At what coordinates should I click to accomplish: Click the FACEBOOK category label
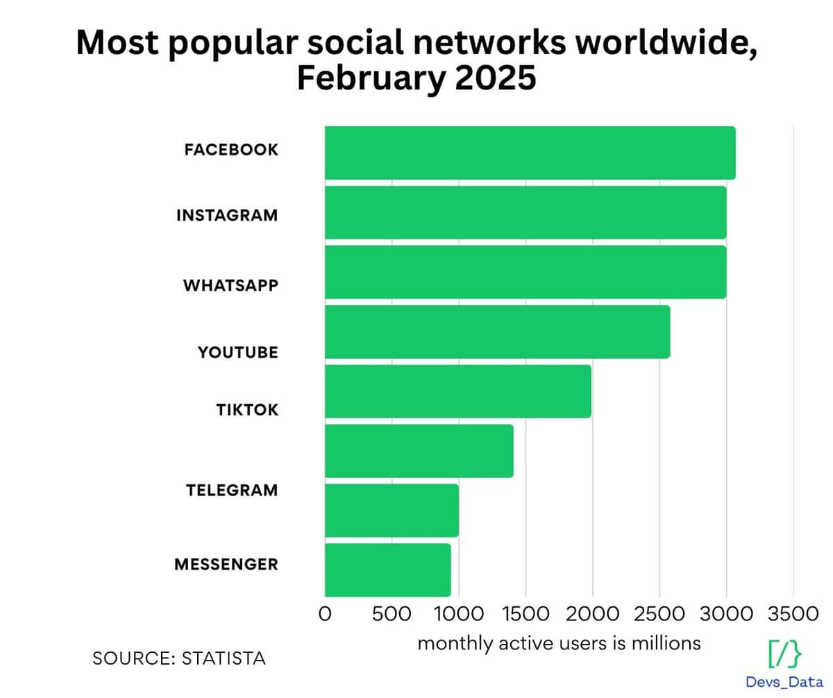click(x=231, y=149)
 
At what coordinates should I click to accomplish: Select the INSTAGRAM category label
click(x=227, y=215)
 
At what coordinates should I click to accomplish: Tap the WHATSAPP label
click(x=230, y=285)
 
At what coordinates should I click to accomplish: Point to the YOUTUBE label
click(x=238, y=352)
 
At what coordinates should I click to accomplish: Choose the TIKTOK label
click(x=247, y=409)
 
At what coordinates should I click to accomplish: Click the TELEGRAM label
click(x=232, y=491)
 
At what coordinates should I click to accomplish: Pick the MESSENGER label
click(x=226, y=564)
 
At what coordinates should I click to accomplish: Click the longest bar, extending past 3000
click(x=530, y=153)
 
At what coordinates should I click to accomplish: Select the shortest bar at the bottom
click(x=387, y=570)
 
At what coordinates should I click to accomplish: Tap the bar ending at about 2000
click(x=457, y=391)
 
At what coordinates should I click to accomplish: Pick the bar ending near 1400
click(x=419, y=451)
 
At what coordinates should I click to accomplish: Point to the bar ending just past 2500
click(x=497, y=332)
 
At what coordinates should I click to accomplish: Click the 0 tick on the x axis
click(x=325, y=614)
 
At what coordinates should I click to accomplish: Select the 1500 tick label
click(x=525, y=614)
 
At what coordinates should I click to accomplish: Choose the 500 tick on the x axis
click(x=391, y=614)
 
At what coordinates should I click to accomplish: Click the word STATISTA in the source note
click(x=224, y=658)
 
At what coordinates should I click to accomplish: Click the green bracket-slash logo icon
click(x=784, y=654)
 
